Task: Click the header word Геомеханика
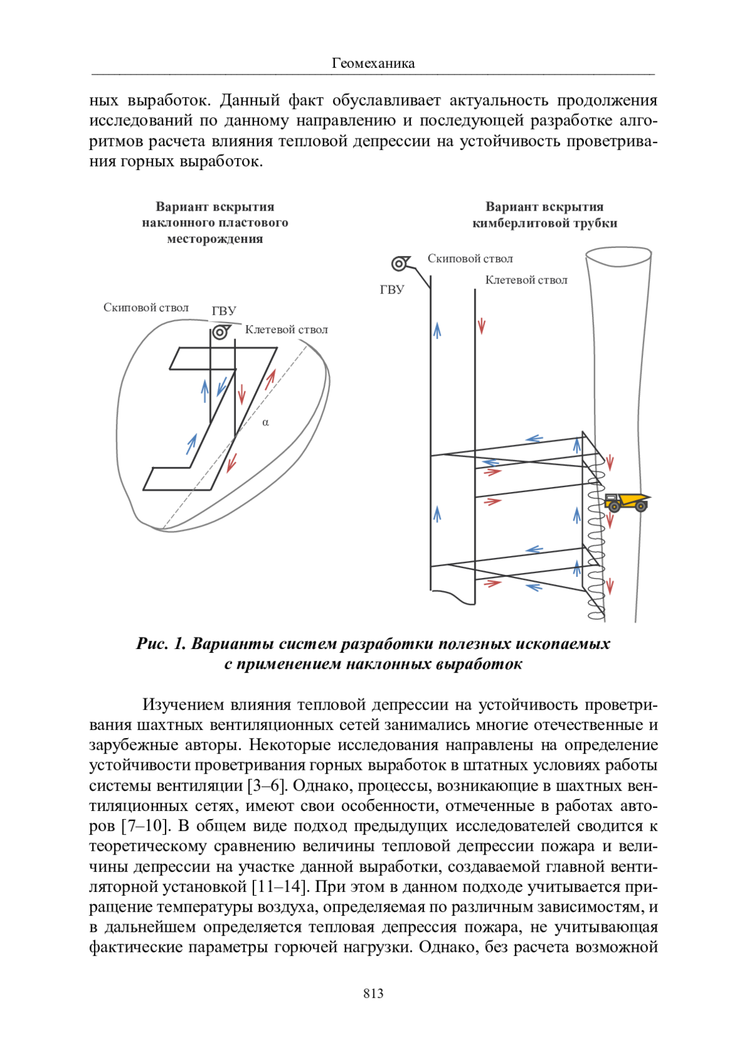tap(373, 63)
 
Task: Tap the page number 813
tap(373, 993)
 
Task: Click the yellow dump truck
tap(626, 501)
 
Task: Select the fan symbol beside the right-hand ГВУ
tap(400, 263)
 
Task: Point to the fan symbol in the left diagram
tap(220, 332)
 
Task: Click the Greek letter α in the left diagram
tap(266, 422)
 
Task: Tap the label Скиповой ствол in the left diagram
tap(146, 308)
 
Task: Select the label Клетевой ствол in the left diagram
tap(286, 329)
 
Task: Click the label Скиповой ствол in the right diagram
tap(470, 258)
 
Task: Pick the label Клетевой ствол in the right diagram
tap(526, 280)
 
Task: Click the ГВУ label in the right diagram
tap(392, 290)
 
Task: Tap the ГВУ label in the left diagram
tap(224, 311)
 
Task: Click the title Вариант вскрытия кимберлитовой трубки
tap(545, 215)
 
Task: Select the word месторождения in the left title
tap(215, 239)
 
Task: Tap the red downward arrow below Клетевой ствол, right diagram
tap(481, 326)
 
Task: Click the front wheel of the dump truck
tap(641, 508)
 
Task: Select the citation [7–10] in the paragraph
tap(145, 826)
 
